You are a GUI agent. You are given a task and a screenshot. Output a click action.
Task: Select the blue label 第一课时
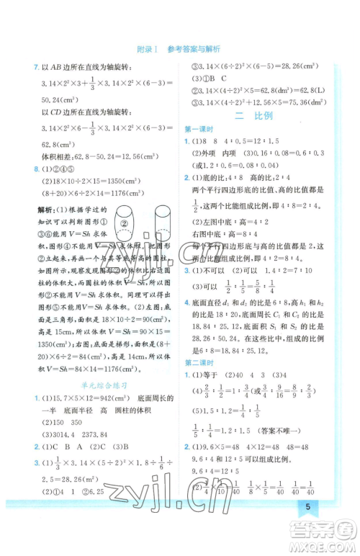(x=197, y=129)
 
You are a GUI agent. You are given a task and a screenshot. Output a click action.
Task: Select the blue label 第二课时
(x=197, y=362)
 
